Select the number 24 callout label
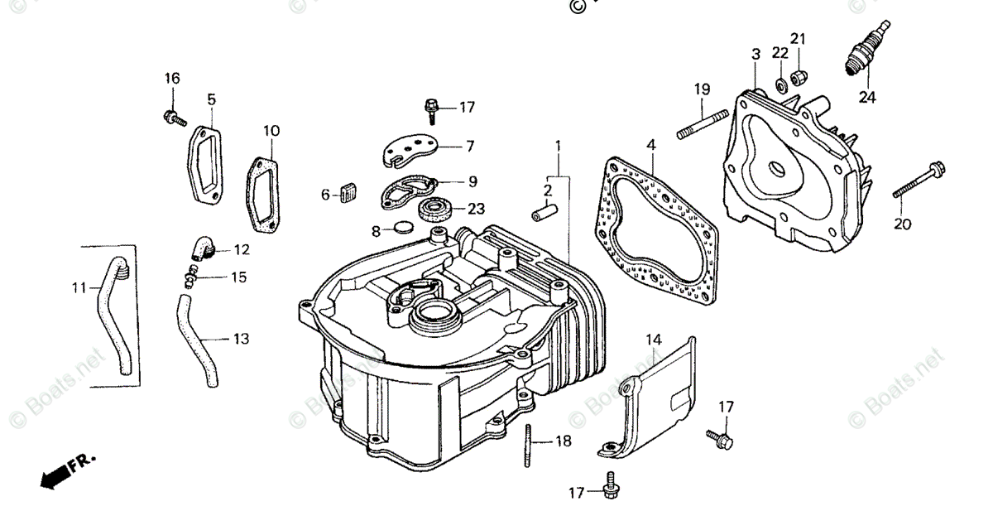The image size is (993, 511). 866,97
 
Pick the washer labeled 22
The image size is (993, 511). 780,84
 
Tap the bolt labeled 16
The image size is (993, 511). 172,118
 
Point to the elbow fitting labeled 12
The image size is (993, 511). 201,248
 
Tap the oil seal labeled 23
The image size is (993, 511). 435,209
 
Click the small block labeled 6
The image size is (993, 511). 346,194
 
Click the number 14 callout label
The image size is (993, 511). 655,340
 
